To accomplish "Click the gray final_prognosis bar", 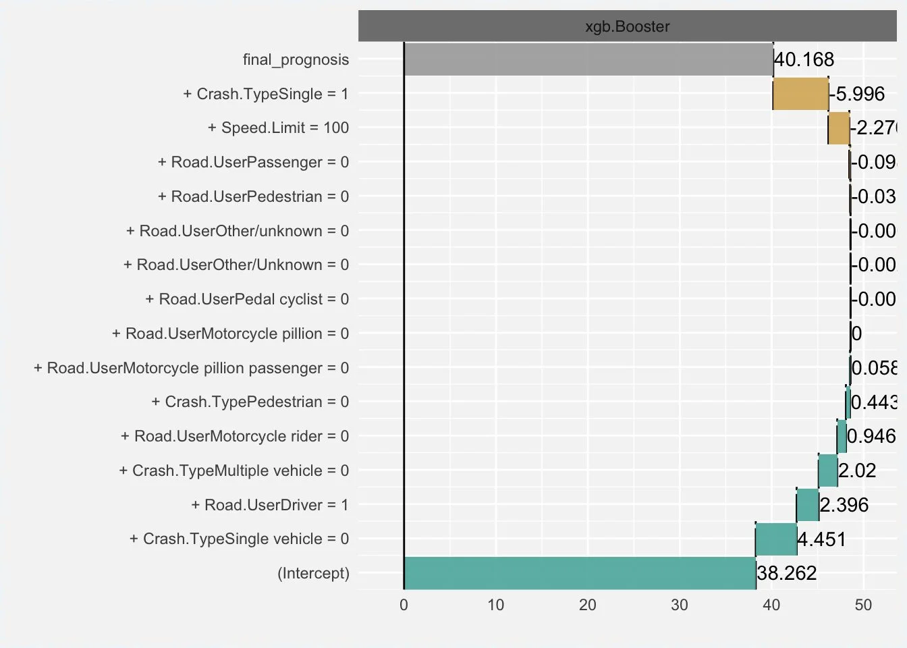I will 588,59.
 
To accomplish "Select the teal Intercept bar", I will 579,573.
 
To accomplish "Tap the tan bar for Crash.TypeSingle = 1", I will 800,94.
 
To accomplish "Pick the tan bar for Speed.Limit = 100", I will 839,128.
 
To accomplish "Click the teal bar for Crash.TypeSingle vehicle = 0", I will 776,539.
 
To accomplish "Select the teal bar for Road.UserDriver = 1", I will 808,505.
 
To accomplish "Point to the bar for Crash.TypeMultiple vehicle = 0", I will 828,470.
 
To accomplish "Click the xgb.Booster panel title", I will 627,26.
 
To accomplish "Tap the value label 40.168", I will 804,59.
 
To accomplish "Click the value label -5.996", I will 857,94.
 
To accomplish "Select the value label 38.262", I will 787,573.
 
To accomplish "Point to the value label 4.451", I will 821,539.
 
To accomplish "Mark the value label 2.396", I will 844,505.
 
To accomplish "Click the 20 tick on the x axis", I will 588,605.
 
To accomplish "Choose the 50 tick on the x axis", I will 863,605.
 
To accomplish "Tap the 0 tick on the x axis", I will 404,605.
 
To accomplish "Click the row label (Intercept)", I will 313,573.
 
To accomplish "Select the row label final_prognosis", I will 296,59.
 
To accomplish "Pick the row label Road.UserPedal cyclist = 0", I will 247,299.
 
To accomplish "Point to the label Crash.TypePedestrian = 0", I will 250,402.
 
